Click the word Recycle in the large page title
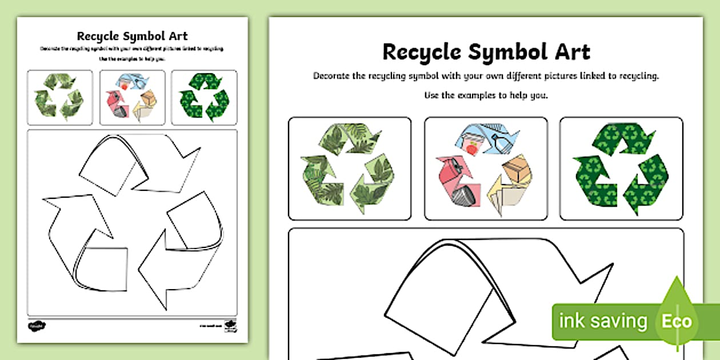pos(421,51)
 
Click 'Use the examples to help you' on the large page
pos(486,95)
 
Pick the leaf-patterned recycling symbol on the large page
pos(349,168)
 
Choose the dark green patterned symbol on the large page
pos(621,168)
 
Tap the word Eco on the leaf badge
pos(677,321)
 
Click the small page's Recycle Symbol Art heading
pos(132,37)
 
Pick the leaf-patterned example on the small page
pos(59,97)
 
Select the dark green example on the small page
pos(204,97)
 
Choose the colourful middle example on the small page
pos(132,97)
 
